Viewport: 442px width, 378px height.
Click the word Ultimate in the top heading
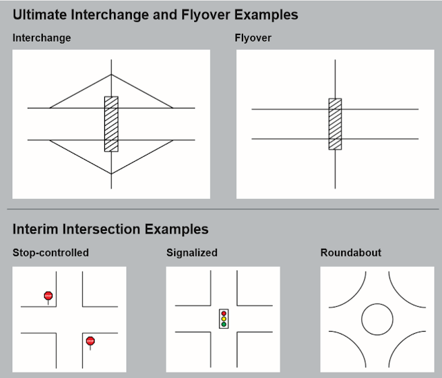pyautogui.click(x=39, y=15)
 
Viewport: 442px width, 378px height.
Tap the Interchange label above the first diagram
pyautogui.click(x=41, y=38)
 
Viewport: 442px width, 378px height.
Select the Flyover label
pyautogui.click(x=253, y=38)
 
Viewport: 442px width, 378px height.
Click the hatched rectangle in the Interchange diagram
pyautogui.click(x=111, y=124)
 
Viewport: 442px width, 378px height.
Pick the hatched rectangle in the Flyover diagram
pyautogui.click(x=335, y=124)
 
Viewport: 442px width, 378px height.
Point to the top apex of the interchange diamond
pyautogui.click(x=111, y=75)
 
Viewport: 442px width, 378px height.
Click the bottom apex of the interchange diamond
pyautogui.click(x=111, y=173)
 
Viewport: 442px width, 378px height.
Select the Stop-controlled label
pyautogui.click(x=50, y=252)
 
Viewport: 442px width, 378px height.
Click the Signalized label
pyautogui.click(x=192, y=252)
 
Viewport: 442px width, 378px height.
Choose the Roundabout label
pyautogui.click(x=351, y=252)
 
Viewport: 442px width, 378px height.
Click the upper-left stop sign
pyautogui.click(x=48, y=296)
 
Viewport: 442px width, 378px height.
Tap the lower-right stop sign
pyautogui.click(x=90, y=341)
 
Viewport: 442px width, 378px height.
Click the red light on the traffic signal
pyautogui.click(x=224, y=314)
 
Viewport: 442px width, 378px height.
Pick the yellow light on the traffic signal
pyautogui.click(x=224, y=319)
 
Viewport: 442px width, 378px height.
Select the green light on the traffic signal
pyautogui.click(x=224, y=324)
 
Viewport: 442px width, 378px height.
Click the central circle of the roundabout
pyautogui.click(x=377, y=304)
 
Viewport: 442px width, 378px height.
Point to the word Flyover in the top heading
pyautogui.click(x=206, y=15)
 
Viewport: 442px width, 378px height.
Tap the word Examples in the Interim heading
pyautogui.click(x=177, y=229)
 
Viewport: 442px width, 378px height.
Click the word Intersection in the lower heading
pyautogui.click(x=102, y=229)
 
